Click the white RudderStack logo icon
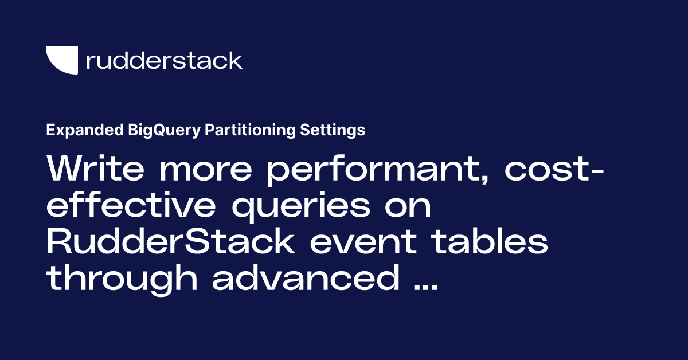(x=61, y=60)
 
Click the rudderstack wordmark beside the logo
(x=164, y=61)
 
